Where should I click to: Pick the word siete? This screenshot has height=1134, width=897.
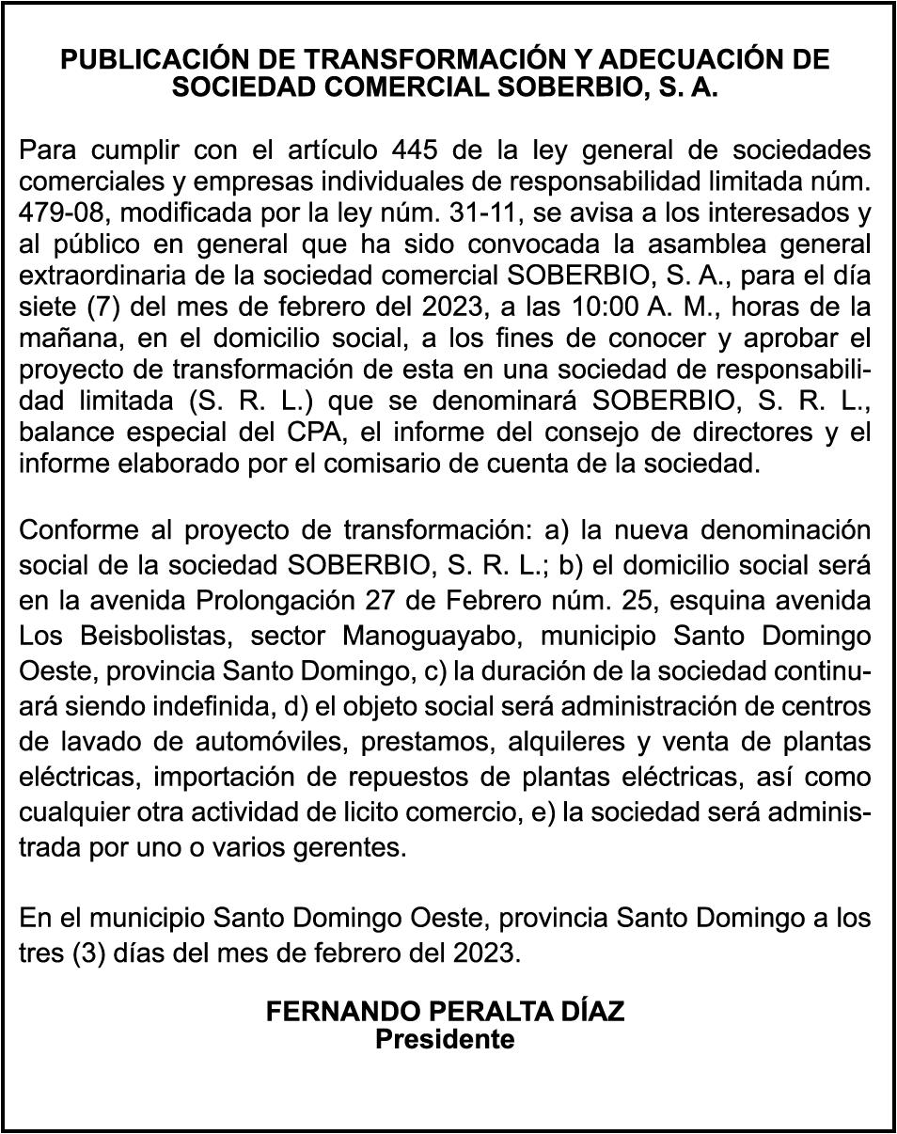coord(43,307)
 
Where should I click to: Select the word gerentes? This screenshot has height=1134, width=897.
coord(354,848)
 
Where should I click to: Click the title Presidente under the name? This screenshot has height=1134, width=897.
coord(445,1040)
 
